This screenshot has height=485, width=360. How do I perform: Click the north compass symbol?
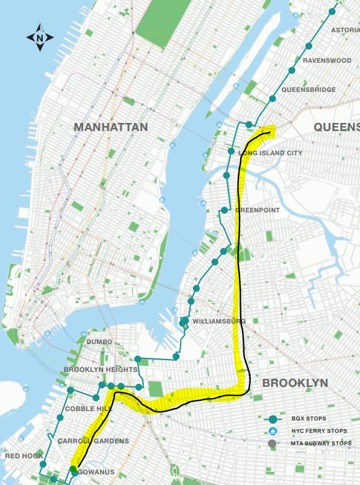pyautogui.click(x=40, y=38)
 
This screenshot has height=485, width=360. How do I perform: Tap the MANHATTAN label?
pyautogui.click(x=110, y=127)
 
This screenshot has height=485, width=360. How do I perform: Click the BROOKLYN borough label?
pyautogui.click(x=295, y=383)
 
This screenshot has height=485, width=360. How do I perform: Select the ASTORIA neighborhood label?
pyautogui.click(x=345, y=30)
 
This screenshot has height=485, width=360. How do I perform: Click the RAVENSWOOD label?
pyautogui.click(x=327, y=60)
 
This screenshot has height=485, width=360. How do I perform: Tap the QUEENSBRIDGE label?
pyautogui.click(x=308, y=90)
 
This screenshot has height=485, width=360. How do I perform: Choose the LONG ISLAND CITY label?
pyautogui.click(x=270, y=153)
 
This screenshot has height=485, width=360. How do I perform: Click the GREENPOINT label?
pyautogui.click(x=257, y=211)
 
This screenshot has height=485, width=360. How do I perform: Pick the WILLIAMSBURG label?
pyautogui.click(x=219, y=321)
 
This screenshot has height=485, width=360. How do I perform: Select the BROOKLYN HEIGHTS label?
pyautogui.click(x=101, y=369)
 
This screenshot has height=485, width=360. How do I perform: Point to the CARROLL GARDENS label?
pyautogui.click(x=93, y=441)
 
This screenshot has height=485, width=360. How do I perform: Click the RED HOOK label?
pyautogui.click(x=24, y=456)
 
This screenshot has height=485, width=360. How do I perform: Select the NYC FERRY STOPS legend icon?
pyautogui.click(x=272, y=431)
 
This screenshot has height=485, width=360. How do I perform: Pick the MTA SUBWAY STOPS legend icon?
pyautogui.click(x=272, y=443)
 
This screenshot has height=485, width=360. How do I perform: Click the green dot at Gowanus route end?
pyautogui.click(x=73, y=469)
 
